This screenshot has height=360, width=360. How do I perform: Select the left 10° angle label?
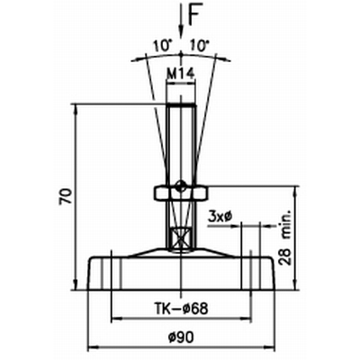[x=163, y=46]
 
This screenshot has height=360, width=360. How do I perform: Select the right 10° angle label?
[x=200, y=46]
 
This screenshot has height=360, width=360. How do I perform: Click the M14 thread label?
[x=181, y=74]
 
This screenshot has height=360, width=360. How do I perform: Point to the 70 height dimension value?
[x=66, y=196]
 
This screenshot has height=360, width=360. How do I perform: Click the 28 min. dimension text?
[x=285, y=237]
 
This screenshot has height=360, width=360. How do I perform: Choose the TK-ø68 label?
[x=181, y=308]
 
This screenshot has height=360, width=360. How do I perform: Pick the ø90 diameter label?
[x=181, y=338]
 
